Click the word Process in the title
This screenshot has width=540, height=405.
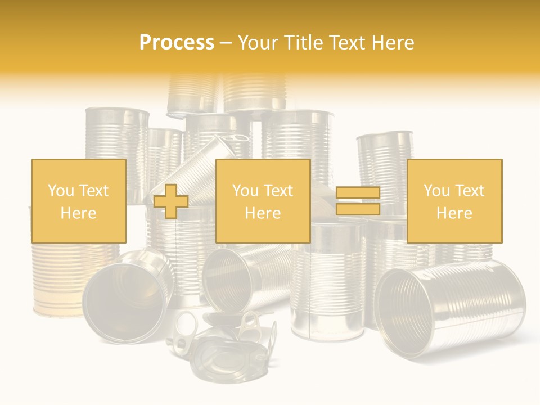click(x=177, y=43)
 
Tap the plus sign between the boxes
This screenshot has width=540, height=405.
click(x=171, y=201)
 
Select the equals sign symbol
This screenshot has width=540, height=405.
click(x=358, y=201)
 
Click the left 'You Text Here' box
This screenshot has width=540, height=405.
click(x=78, y=201)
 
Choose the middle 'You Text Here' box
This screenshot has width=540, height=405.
click(x=263, y=201)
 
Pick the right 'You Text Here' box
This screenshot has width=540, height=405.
click(x=454, y=201)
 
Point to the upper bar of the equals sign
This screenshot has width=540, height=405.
click(x=358, y=193)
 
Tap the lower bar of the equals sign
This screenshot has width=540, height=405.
click(x=358, y=209)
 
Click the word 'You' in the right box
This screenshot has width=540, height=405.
click(x=436, y=191)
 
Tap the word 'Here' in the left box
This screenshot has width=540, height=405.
click(x=78, y=213)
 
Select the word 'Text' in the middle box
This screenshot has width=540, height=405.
click(x=278, y=191)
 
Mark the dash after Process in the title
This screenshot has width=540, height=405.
click(x=226, y=43)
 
